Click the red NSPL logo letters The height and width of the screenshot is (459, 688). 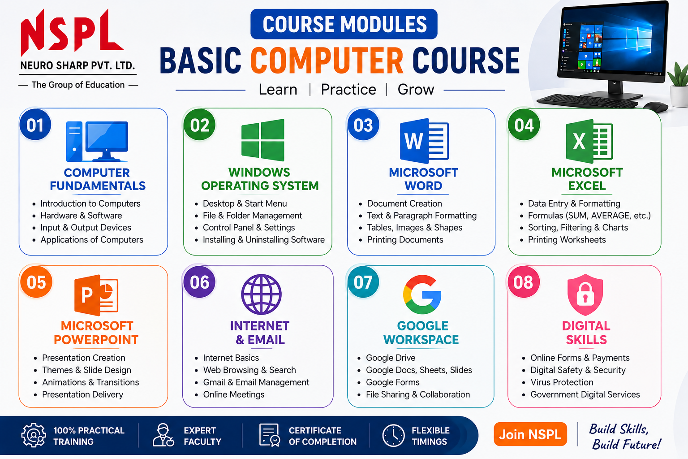[x=72, y=32]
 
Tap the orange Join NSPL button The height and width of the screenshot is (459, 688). [x=530, y=434]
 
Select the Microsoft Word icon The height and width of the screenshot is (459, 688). [x=424, y=141]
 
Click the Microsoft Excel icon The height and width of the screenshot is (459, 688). [x=589, y=141]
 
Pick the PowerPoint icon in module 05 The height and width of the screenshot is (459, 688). [x=96, y=295]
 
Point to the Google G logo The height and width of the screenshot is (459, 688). [x=422, y=294]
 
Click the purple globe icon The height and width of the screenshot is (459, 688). [x=261, y=294]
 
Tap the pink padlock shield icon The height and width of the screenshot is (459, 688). [x=585, y=294]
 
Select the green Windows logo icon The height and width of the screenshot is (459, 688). [x=263, y=140]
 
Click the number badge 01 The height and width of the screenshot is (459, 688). [x=35, y=125]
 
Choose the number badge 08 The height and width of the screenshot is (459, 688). [x=524, y=282]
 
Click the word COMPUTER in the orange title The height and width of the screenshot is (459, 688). [x=327, y=61]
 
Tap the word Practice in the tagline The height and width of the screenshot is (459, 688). [x=348, y=90]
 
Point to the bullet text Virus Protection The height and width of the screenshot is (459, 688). [x=562, y=382]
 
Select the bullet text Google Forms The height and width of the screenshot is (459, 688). [x=392, y=382]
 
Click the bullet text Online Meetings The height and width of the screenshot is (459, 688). [x=234, y=394]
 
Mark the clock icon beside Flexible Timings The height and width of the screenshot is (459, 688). [x=393, y=435]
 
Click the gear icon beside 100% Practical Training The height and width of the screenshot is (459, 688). [x=34, y=435]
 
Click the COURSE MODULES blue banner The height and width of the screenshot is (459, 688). [x=344, y=24]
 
